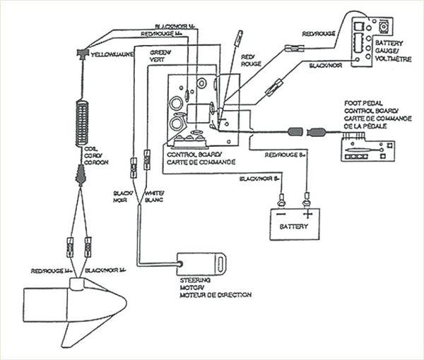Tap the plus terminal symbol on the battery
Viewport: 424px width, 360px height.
pyautogui.click(x=307, y=212)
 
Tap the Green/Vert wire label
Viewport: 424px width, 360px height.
pyautogui.click(x=159, y=57)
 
